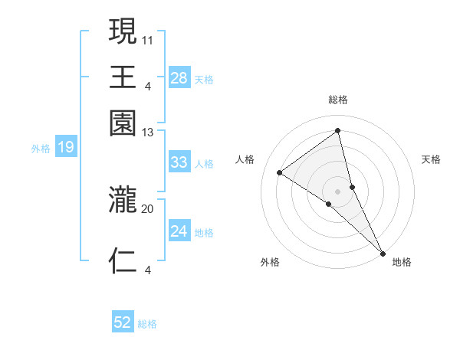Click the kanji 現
point(123,32)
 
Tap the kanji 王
point(123,77)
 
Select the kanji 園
point(123,123)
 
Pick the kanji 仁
point(123,260)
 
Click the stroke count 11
point(148,38)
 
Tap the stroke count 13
point(148,132)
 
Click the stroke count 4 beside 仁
point(148,269)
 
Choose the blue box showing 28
point(179,77)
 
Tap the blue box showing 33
point(179,162)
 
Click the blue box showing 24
point(179,231)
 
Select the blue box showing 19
point(66,147)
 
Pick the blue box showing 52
point(123,322)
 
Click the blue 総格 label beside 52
point(147,324)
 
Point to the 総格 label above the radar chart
point(338,100)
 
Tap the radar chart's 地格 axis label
point(402,262)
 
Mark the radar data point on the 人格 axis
point(280,172)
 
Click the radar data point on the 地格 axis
point(382,254)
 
